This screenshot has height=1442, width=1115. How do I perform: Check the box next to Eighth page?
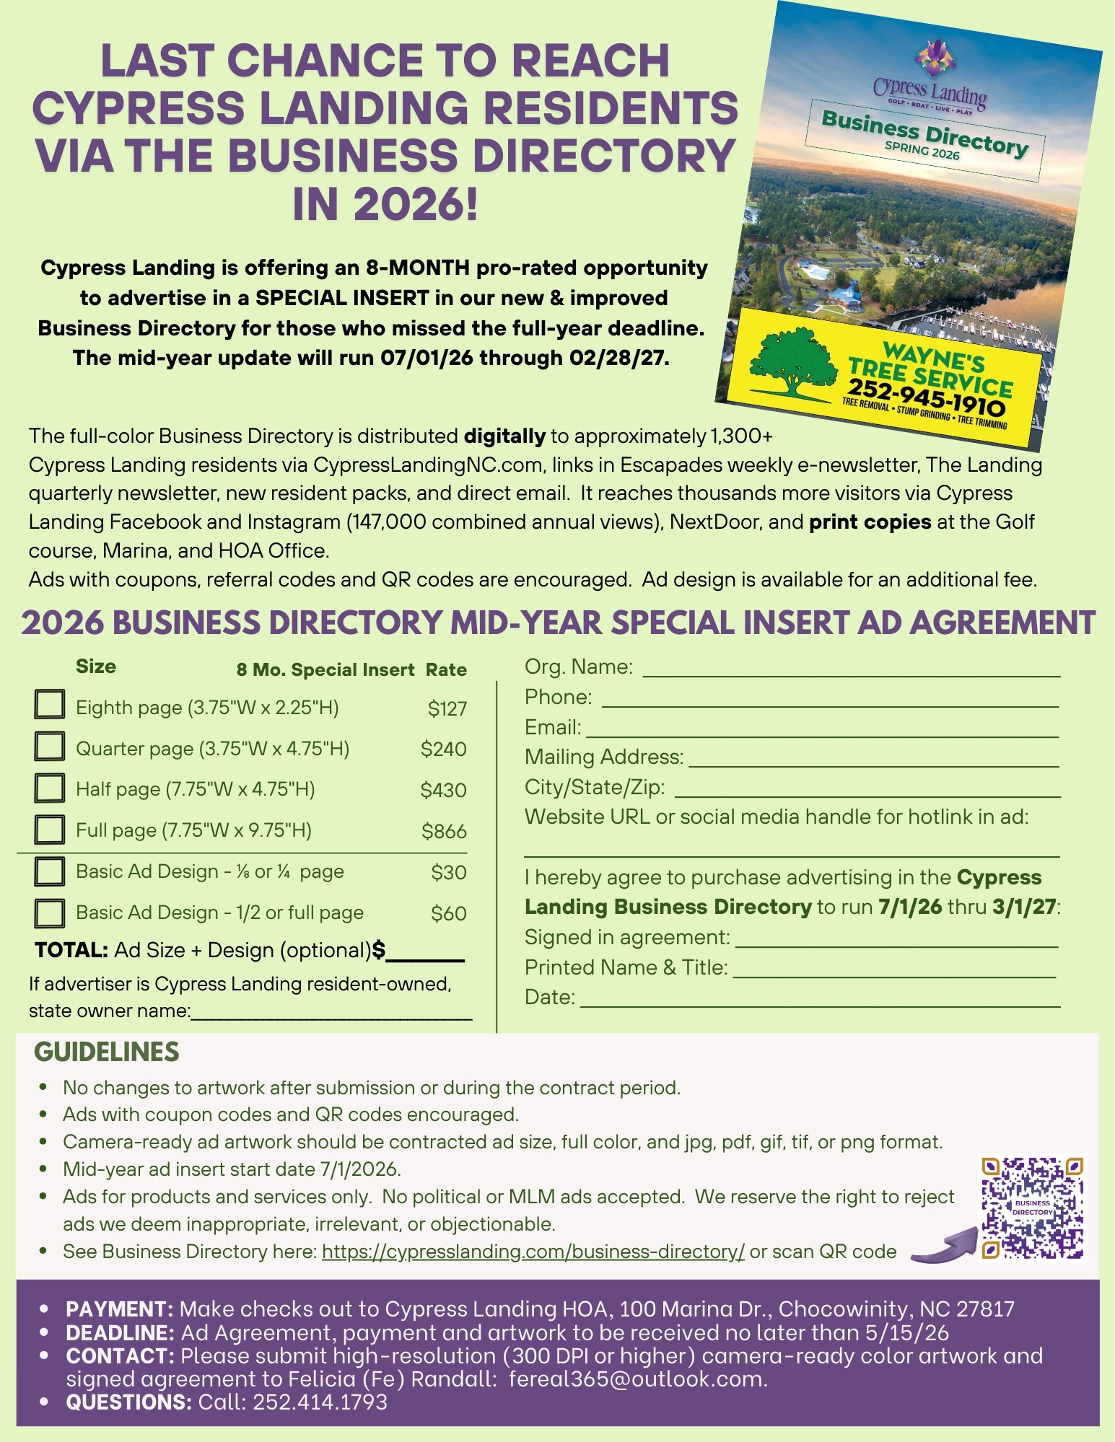tap(49, 705)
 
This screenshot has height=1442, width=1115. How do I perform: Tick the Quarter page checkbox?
tap(49, 746)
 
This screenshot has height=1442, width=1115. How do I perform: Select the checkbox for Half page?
tap(49, 787)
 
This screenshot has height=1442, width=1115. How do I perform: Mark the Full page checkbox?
tap(49, 829)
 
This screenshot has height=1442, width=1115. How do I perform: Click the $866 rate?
tap(444, 831)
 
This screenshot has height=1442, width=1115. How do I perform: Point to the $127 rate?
tap(447, 708)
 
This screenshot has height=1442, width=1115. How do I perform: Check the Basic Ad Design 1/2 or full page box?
tap(49, 913)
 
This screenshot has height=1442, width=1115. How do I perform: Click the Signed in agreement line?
tap(896, 942)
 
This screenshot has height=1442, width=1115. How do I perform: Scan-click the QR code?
tap(1032, 1208)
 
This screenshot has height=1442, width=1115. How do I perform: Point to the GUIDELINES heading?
tap(107, 1052)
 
